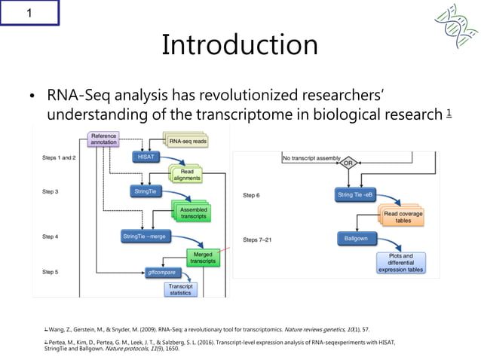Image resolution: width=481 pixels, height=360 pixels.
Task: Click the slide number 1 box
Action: click(x=29, y=13)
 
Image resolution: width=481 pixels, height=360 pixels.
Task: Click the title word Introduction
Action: click(x=240, y=45)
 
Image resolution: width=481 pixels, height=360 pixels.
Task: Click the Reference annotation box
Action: click(x=103, y=139)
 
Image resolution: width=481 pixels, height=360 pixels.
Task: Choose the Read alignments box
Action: click(x=185, y=175)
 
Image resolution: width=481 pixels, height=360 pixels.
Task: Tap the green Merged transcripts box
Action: click(x=202, y=259)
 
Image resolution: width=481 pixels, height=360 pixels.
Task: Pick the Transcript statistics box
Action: click(x=181, y=290)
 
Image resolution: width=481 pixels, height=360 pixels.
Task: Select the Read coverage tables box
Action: click(x=403, y=217)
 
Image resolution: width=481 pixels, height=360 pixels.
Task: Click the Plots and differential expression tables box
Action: click(x=401, y=262)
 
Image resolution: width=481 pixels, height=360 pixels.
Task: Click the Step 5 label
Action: click(x=54, y=272)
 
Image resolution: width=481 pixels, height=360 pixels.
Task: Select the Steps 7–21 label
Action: click(x=259, y=239)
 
